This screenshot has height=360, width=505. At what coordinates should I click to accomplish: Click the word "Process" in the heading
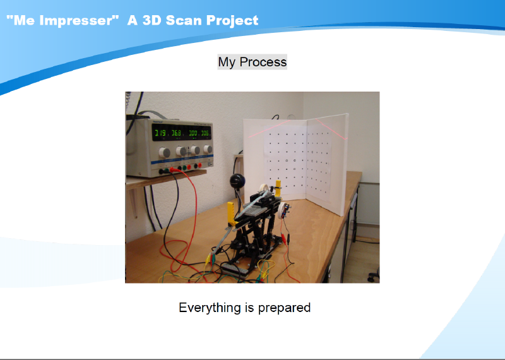pyautogui.click(x=263, y=62)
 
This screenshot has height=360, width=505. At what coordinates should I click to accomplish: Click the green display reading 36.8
pyautogui.click(x=176, y=133)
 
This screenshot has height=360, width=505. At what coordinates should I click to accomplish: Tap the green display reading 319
pyautogui.click(x=160, y=133)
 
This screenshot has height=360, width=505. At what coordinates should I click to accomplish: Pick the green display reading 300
pyautogui.click(x=193, y=133)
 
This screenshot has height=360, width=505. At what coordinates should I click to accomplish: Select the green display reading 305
pyautogui.click(x=205, y=133)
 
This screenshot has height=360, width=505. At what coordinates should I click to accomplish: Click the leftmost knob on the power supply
pyautogui.click(x=165, y=152)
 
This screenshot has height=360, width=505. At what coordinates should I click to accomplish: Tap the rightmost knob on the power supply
pyautogui.click(x=208, y=149)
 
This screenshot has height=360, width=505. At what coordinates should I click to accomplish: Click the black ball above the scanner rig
pyautogui.click(x=237, y=181)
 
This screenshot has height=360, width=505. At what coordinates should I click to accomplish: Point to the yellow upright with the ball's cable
pyautogui.click(x=232, y=213)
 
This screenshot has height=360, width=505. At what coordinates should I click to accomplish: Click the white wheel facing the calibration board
pyautogui.click(x=283, y=210)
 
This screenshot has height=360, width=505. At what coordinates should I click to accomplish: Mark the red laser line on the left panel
pyautogui.click(x=269, y=129)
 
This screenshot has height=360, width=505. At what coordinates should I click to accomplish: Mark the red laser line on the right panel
pyautogui.click(x=331, y=129)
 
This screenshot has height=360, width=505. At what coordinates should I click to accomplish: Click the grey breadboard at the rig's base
pyautogui.click(x=235, y=270)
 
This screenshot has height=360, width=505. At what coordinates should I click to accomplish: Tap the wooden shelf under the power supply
pyautogui.click(x=167, y=179)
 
